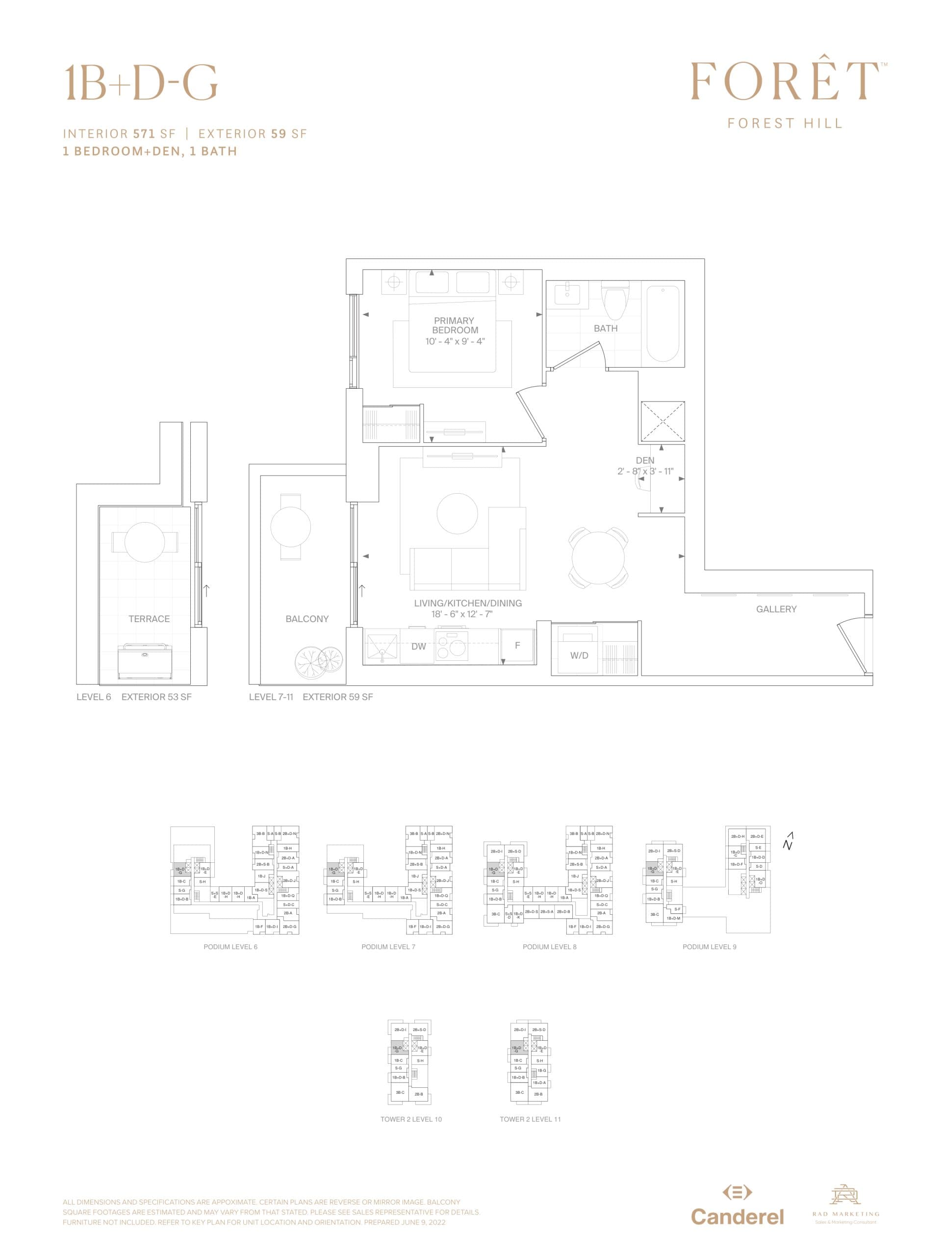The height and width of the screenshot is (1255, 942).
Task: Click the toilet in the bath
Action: pos(613,300)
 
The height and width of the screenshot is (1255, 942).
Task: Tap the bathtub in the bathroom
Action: pos(662,323)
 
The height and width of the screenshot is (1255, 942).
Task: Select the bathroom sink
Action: pos(567,295)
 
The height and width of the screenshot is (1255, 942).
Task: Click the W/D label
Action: pos(579,655)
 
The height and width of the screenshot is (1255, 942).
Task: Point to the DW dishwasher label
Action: pos(418,646)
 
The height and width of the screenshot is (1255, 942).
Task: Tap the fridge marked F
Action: pos(517,646)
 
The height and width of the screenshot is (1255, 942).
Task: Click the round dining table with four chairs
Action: pos(598,558)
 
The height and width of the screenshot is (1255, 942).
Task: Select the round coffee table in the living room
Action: pos(458,513)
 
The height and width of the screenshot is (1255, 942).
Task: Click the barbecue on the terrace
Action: pos(145,661)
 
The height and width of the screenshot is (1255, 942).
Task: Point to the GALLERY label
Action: pos(776,609)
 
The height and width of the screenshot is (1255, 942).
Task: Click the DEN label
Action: pos(645,460)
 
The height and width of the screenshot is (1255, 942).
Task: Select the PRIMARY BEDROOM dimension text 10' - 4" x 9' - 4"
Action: pos(455,341)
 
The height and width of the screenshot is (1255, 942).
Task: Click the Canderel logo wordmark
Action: pos(737,1216)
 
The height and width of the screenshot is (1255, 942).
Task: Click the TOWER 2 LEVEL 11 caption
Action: pos(530,1119)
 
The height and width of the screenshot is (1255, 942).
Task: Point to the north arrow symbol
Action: pos(788,842)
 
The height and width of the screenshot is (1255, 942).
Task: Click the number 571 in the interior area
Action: pos(145,134)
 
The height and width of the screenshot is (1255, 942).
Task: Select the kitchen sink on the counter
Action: pos(382,646)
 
